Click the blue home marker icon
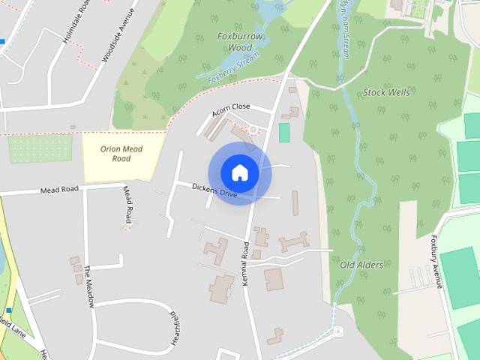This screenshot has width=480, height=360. (x=239, y=172)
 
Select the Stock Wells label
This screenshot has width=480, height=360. (x=386, y=92)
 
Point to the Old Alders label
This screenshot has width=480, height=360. (x=361, y=265)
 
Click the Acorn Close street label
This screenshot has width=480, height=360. (x=230, y=109)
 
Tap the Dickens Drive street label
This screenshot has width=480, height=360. (x=214, y=191)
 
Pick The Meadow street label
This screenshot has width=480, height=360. (x=88, y=286)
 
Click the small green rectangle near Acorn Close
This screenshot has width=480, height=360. (x=283, y=133)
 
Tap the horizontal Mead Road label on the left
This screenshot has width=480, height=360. (x=59, y=190)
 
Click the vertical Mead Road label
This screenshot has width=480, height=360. (x=128, y=204)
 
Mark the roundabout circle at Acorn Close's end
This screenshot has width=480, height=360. (x=253, y=130)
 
